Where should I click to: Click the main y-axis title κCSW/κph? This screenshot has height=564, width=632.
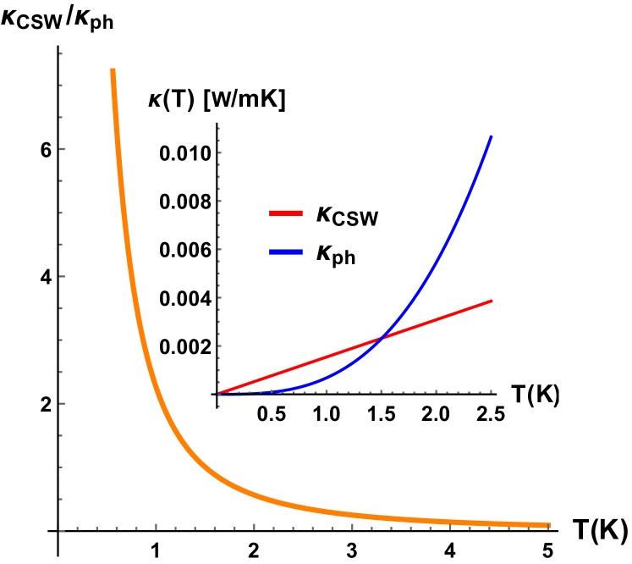(58, 19)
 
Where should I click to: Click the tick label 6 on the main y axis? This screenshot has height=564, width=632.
(47, 149)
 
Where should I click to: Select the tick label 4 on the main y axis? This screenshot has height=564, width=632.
(47, 277)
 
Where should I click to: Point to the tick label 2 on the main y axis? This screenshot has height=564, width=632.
(47, 403)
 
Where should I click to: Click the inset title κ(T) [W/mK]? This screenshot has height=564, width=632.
(217, 101)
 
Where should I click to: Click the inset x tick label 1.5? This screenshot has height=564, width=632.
(381, 415)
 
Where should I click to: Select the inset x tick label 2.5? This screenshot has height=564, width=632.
(490, 415)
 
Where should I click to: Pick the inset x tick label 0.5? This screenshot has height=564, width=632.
(272, 415)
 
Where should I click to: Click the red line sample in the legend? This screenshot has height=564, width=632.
(285, 214)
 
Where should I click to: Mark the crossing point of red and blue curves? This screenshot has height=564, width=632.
(383, 338)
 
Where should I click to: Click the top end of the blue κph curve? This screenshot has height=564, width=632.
(492, 136)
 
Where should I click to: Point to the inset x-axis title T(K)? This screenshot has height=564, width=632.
(536, 393)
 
